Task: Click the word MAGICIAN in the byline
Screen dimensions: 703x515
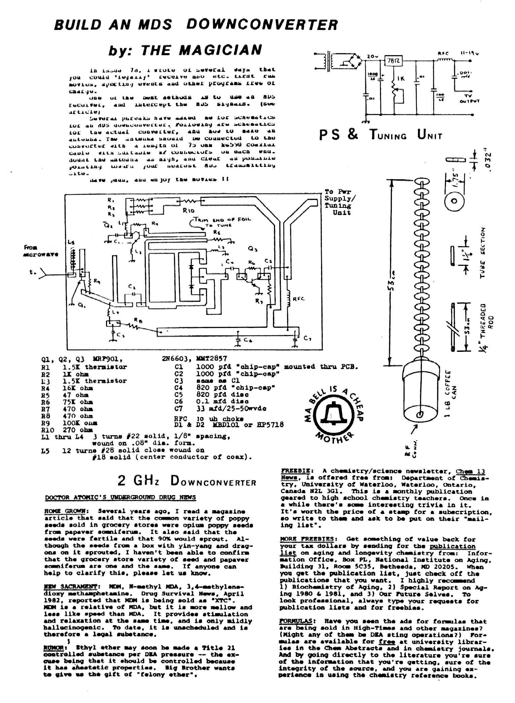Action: click(220, 50)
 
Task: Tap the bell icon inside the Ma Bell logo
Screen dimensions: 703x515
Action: click(332, 417)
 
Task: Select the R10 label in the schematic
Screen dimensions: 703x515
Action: click(188, 211)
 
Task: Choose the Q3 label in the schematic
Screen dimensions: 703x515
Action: click(253, 249)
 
